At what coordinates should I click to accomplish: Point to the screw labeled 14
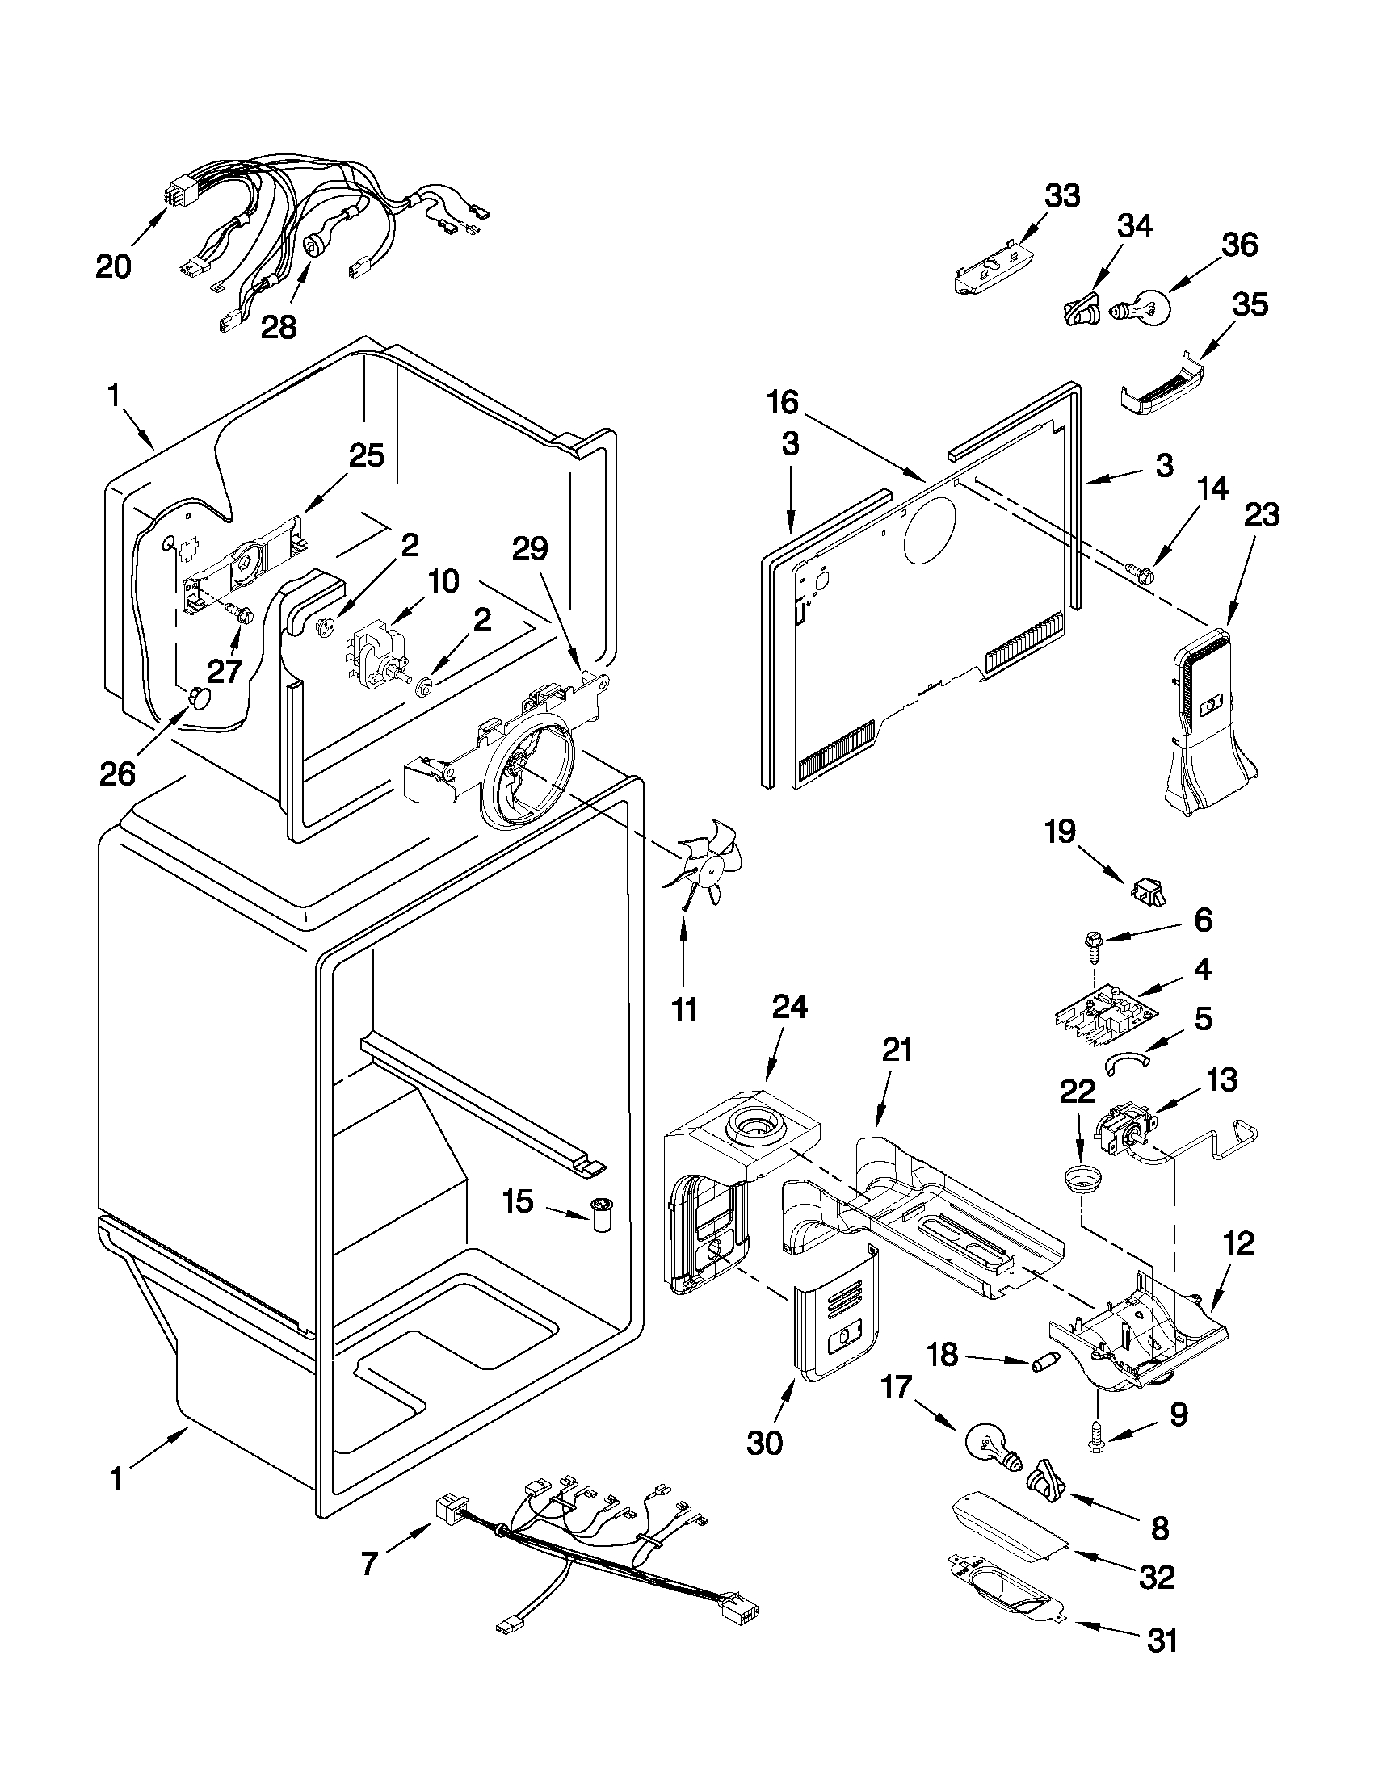coord(1141,573)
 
